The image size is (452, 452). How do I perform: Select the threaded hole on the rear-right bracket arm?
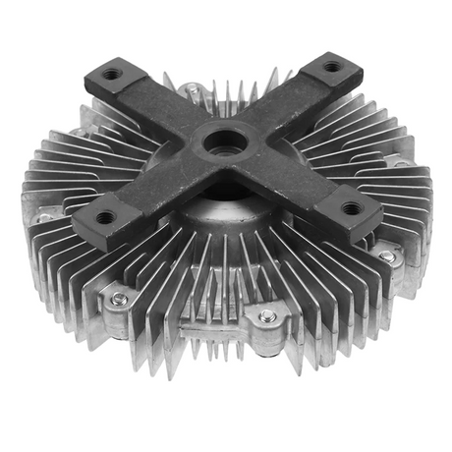point(332,68)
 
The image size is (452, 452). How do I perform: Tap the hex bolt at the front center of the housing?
point(266,316)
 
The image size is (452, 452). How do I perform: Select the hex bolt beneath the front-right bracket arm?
point(387,256)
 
